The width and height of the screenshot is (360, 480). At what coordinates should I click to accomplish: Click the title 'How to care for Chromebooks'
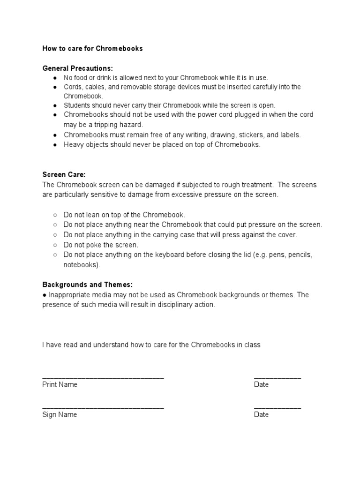92,48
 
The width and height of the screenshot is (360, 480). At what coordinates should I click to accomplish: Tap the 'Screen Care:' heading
64,174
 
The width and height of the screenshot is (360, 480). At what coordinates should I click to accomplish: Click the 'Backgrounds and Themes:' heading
87,285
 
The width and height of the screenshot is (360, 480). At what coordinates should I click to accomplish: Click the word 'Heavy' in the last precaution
73,145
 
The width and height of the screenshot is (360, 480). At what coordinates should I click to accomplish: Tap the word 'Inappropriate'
69,295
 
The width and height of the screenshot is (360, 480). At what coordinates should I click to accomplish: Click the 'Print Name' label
60,385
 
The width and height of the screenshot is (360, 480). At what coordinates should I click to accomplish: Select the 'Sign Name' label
60,415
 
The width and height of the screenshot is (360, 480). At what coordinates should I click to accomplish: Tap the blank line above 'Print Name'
103,377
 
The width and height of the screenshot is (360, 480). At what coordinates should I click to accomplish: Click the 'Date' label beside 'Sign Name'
261,415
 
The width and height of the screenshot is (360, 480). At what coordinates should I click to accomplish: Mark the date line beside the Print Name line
277,377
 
